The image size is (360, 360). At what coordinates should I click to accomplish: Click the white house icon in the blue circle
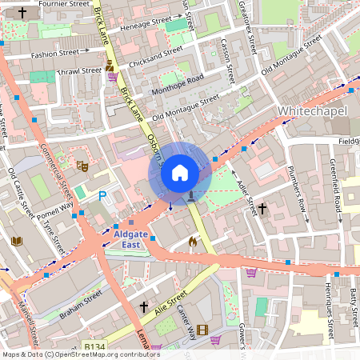click(x=180, y=173)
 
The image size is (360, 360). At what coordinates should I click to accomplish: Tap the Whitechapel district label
click(x=314, y=109)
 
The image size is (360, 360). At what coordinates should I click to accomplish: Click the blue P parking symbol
click(x=102, y=196)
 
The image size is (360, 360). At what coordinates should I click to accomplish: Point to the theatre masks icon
click(x=82, y=166)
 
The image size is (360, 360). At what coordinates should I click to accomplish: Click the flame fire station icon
click(x=192, y=240)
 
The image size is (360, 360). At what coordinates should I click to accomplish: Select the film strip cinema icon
click(x=202, y=330)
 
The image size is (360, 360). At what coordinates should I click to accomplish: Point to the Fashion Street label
click(x=54, y=54)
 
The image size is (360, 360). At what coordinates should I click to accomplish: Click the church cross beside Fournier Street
click(x=22, y=13)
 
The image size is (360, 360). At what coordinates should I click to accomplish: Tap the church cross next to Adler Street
click(x=262, y=208)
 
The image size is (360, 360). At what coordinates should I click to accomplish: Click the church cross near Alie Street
click(x=144, y=306)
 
